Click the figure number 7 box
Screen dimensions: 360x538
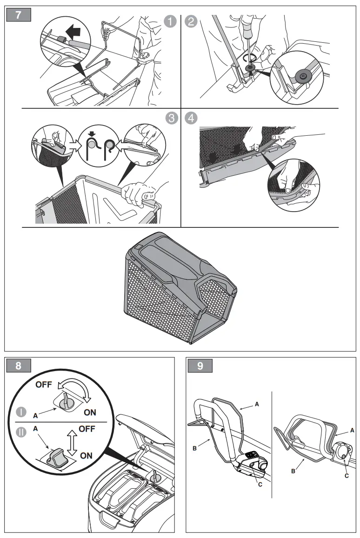pyautogui.click(x=18, y=14)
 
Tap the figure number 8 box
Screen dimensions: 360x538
pyautogui.click(x=18, y=365)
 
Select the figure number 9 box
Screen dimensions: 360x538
pyautogui.click(x=200, y=365)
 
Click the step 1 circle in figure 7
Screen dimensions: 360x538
pyautogui.click(x=170, y=22)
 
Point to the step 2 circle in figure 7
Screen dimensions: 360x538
pyautogui.click(x=191, y=22)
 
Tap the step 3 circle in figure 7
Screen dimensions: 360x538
pyautogui.click(x=170, y=118)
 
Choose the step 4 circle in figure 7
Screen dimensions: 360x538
pyautogui.click(x=191, y=118)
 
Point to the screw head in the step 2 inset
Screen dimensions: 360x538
pyautogui.click(x=303, y=74)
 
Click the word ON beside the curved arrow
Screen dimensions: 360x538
pyautogui.click(x=90, y=412)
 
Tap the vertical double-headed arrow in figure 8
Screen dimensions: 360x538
pyautogui.click(x=71, y=442)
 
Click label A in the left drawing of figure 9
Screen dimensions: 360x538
pyautogui.click(x=256, y=405)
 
